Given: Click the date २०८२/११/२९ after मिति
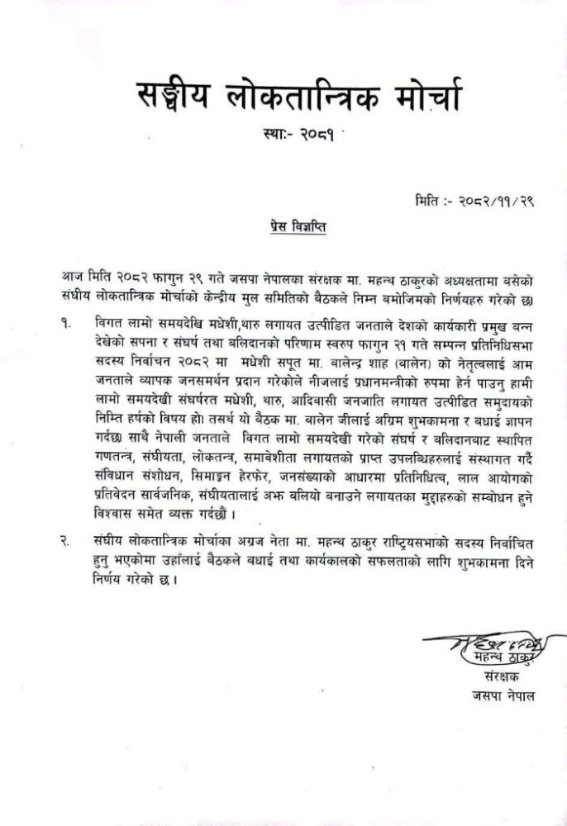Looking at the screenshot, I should pyautogui.click(x=493, y=199).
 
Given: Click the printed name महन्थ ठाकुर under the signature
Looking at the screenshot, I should pyautogui.click(x=488, y=657).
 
